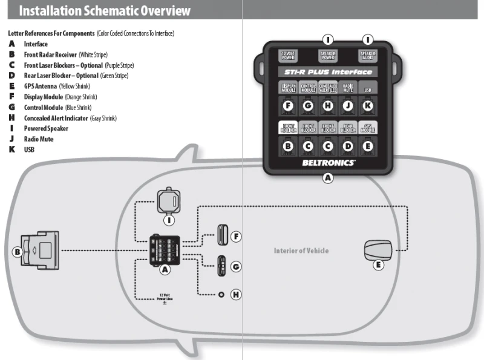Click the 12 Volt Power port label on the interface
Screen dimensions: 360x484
(x=287, y=56)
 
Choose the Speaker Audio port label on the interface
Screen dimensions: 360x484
(x=368, y=56)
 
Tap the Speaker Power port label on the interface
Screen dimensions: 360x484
(x=328, y=56)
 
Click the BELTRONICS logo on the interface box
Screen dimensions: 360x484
(x=329, y=163)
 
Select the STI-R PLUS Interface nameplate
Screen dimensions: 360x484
(x=328, y=72)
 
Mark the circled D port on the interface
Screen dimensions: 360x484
(x=348, y=146)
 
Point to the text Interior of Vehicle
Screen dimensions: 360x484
(x=301, y=250)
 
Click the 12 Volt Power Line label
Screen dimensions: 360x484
(x=164, y=297)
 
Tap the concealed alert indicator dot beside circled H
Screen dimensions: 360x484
(x=221, y=294)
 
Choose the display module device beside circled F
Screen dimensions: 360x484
(x=222, y=235)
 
